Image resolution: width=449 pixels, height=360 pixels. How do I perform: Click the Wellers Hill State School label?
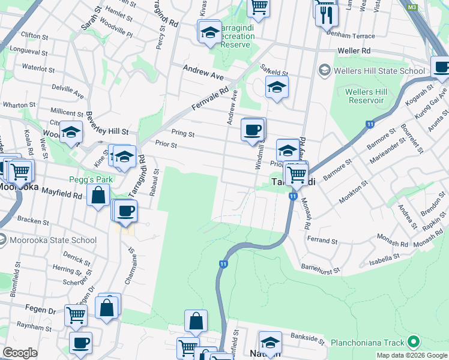[x=379, y=71]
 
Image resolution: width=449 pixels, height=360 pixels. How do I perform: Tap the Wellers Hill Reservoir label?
[x=364, y=96]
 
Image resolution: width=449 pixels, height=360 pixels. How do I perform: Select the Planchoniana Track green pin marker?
[x=412, y=343]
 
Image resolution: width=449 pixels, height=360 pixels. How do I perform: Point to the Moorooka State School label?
[x=53, y=240]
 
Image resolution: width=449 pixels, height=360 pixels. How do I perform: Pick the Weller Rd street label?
[x=354, y=51]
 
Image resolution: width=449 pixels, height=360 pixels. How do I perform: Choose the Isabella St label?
[x=385, y=258]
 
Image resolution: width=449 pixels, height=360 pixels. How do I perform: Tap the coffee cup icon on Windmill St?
[x=253, y=128]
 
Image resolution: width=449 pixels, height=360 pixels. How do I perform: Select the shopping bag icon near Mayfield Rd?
[x=98, y=194]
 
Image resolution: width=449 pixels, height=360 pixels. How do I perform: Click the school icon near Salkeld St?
[x=276, y=87]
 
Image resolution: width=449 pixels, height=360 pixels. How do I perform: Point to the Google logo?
[x=20, y=353]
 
